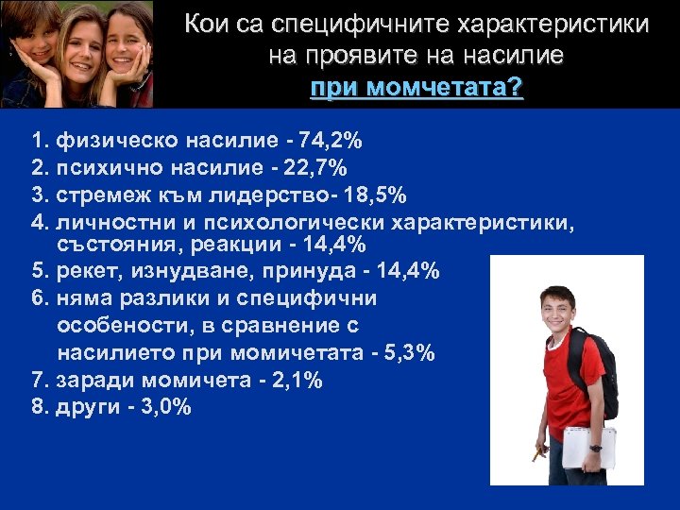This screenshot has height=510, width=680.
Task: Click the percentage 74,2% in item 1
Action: (x=330, y=142)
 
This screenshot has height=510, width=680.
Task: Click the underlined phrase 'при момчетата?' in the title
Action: (x=416, y=88)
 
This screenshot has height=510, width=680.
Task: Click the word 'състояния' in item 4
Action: (x=110, y=246)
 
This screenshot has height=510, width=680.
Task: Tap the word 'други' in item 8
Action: (x=91, y=407)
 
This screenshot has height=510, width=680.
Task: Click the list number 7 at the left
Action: (x=38, y=380)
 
